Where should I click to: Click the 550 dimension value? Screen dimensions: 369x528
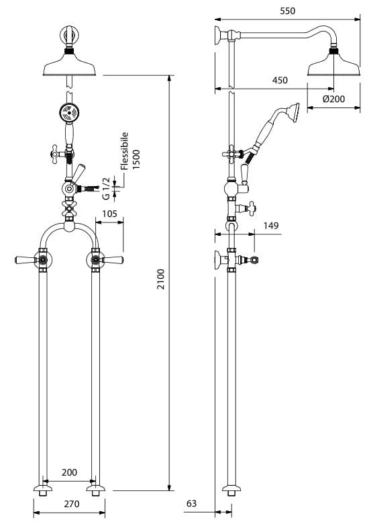click(287, 11)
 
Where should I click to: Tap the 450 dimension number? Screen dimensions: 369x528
click(280, 80)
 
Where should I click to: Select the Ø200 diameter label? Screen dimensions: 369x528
click(333, 99)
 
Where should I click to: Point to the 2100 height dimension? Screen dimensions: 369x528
click(162, 279)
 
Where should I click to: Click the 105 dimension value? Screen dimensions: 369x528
click(109, 214)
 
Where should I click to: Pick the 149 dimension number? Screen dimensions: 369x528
click(271, 225)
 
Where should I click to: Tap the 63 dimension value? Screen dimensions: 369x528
click(191, 503)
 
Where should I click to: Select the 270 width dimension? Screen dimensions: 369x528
click(72, 504)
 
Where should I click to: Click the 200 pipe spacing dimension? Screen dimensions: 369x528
click(69, 472)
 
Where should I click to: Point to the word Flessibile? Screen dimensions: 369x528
click(125, 151)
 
